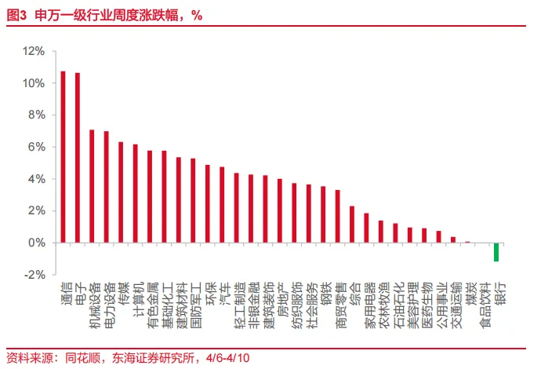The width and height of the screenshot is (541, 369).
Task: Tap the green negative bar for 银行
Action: pyautogui.click(x=496, y=252)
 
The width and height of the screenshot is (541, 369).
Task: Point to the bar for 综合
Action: pyautogui.click(x=352, y=225)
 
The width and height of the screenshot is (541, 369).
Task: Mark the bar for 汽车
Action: pyautogui.click(x=222, y=205)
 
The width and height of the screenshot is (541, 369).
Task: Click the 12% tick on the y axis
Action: pyautogui.click(x=34, y=51)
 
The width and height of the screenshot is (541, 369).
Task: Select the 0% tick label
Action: pyautogui.click(x=37, y=243)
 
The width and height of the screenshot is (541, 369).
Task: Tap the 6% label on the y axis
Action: pyautogui.click(x=37, y=147)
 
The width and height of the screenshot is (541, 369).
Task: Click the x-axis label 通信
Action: pyautogui.click(x=64, y=294)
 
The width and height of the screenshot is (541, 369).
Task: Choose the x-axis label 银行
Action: pyautogui.click(x=499, y=294)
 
